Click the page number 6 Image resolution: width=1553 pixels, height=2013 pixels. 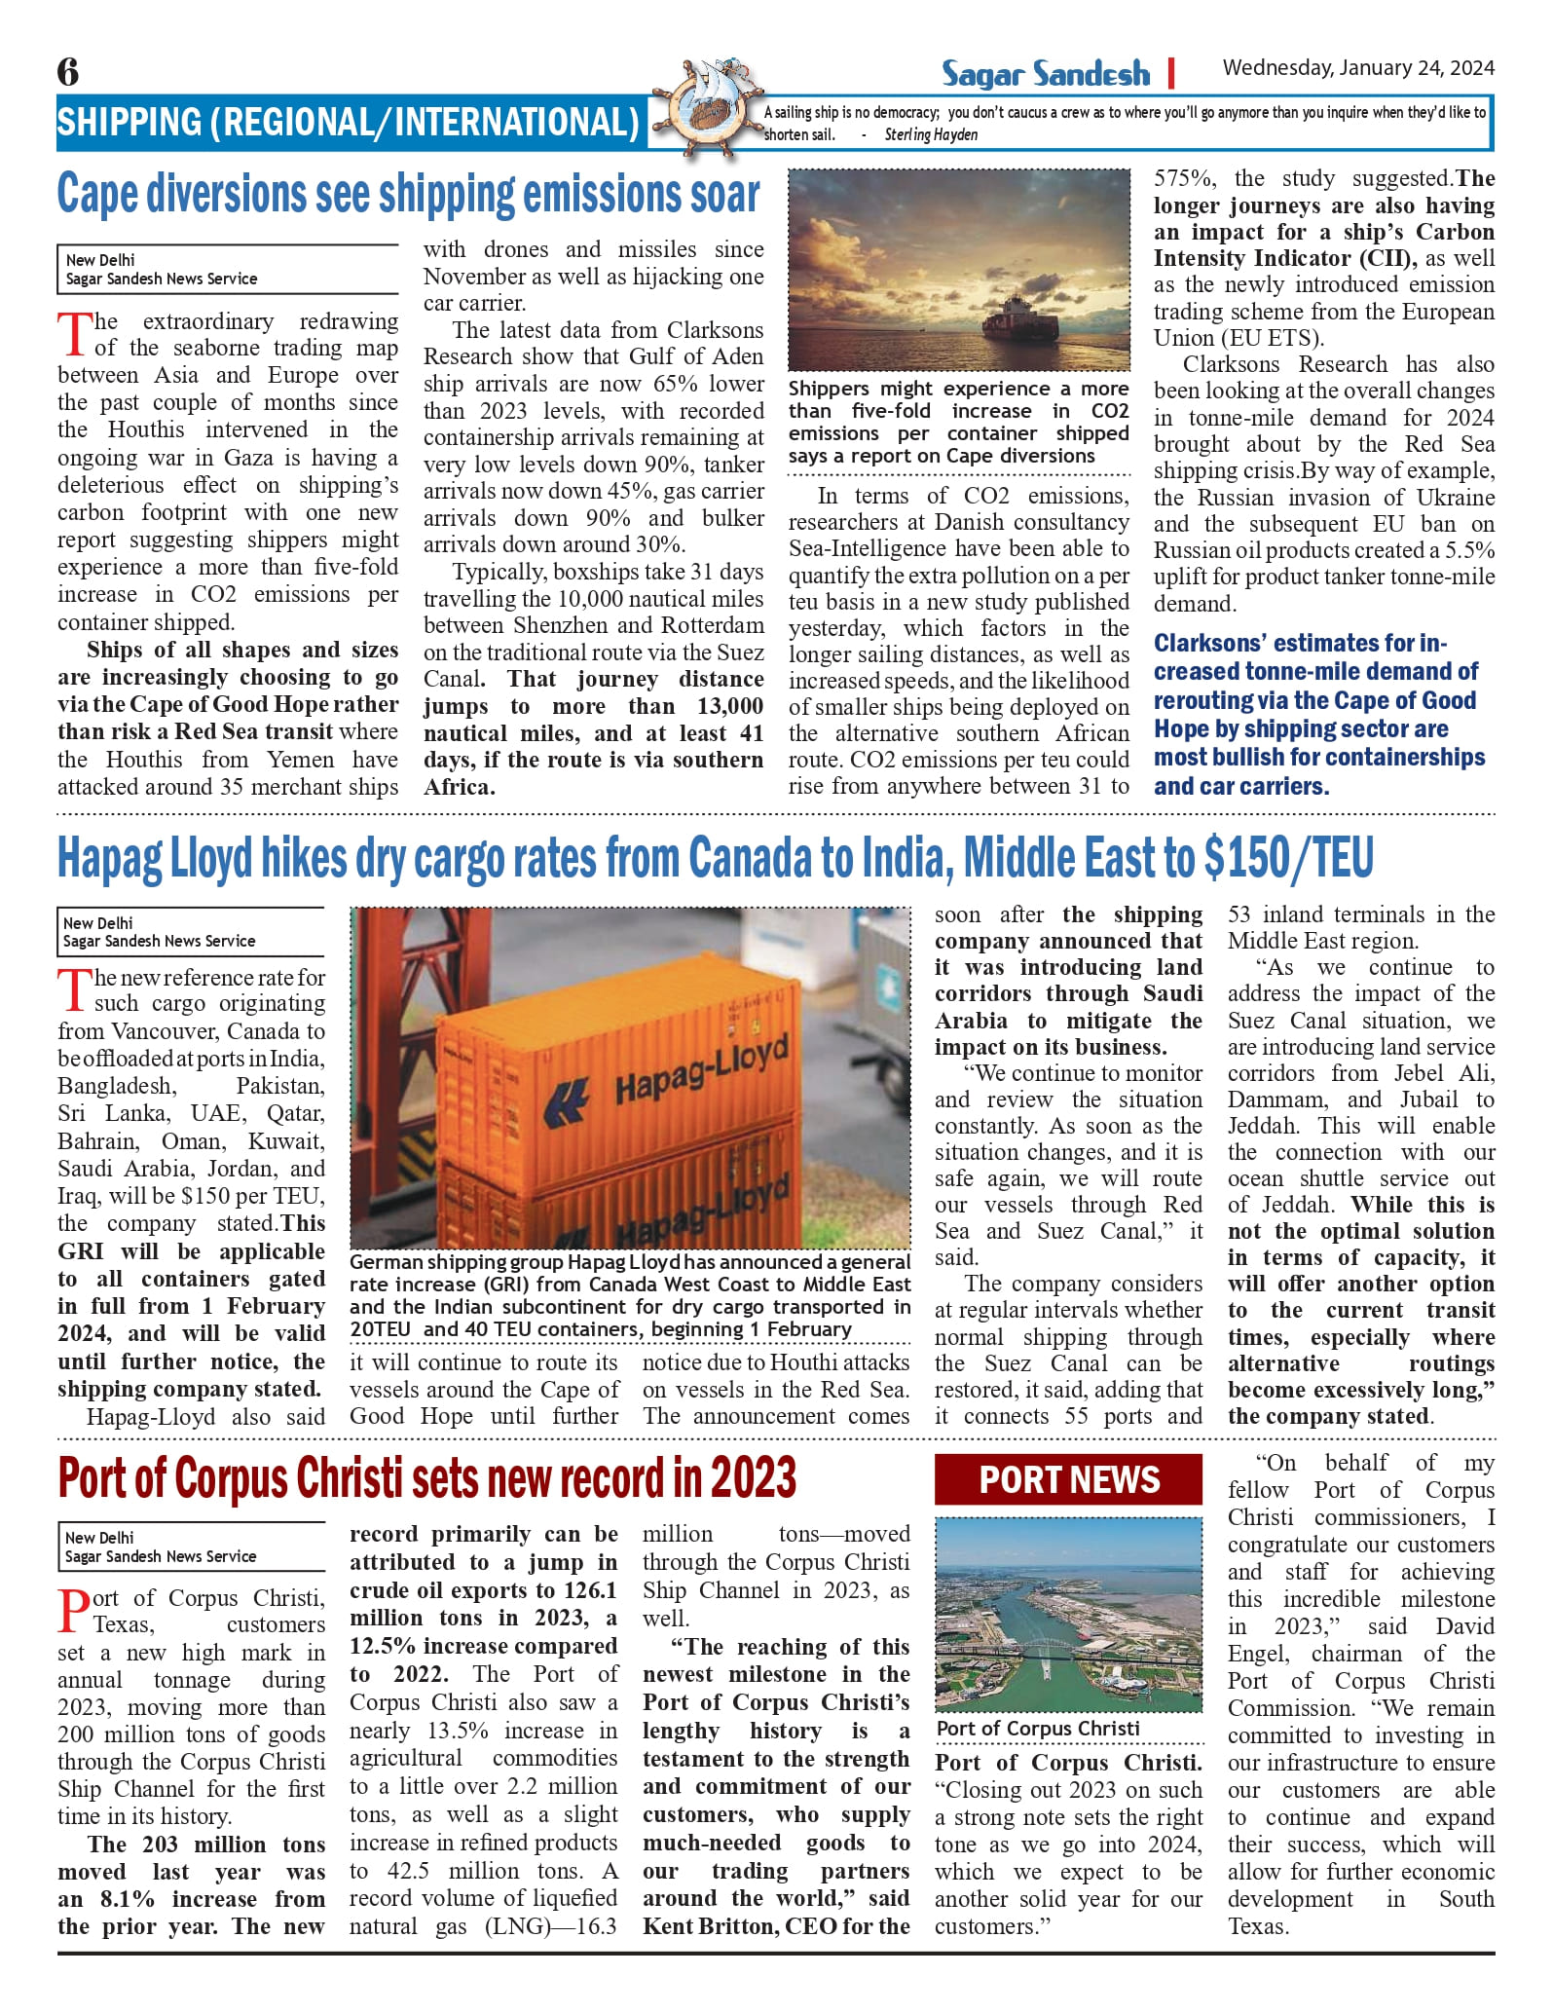[x=68, y=72]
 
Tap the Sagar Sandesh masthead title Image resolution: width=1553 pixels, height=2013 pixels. [x=1045, y=74]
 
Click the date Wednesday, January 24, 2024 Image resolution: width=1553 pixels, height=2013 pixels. [x=1358, y=68]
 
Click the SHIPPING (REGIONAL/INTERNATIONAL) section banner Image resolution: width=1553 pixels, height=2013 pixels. [x=349, y=123]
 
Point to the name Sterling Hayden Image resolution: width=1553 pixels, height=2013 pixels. [x=931, y=135]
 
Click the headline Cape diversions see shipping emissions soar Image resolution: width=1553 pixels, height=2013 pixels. [x=408, y=194]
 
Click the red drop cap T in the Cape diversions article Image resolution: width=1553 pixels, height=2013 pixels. [x=75, y=334]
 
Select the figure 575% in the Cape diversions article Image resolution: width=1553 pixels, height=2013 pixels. [x=1183, y=179]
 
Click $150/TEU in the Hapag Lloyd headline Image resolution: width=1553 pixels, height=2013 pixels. [x=1288, y=859]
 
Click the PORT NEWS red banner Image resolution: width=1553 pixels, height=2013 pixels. [x=1068, y=1480]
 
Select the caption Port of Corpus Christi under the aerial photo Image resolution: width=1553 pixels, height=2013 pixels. [x=1038, y=1728]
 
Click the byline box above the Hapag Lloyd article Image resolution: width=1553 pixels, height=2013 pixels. [x=191, y=932]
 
